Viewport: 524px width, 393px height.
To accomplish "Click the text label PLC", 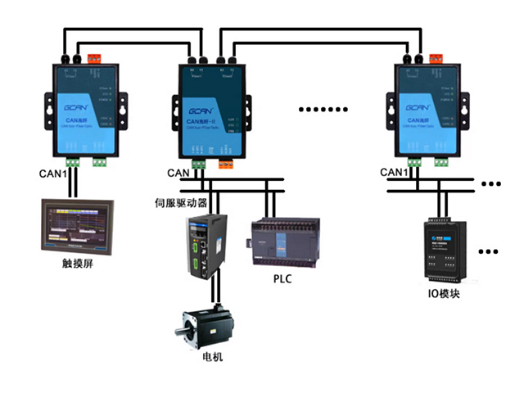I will [x=282, y=279].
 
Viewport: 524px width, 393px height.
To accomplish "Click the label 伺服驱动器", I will [x=181, y=201].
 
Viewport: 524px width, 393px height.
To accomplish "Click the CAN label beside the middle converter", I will [x=178, y=173].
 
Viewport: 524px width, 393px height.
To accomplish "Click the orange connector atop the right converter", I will [x=435, y=58].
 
